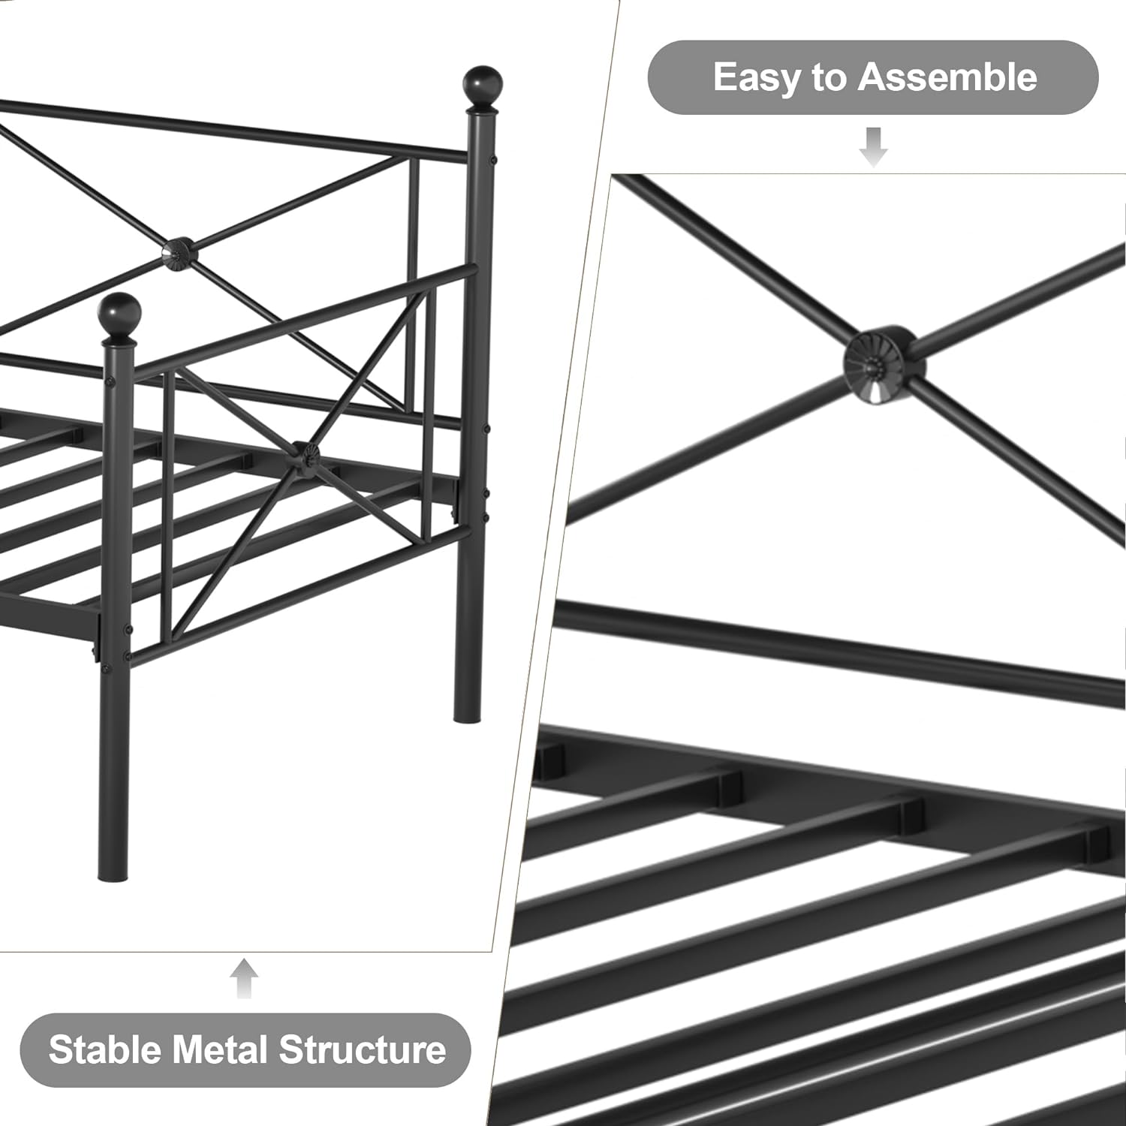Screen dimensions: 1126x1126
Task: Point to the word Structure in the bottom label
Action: coord(363,1049)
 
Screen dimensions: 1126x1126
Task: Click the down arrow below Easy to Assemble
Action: coord(873,147)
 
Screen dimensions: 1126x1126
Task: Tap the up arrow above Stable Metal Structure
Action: coord(244,978)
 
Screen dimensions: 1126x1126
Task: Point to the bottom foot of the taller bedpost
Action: coord(466,713)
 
